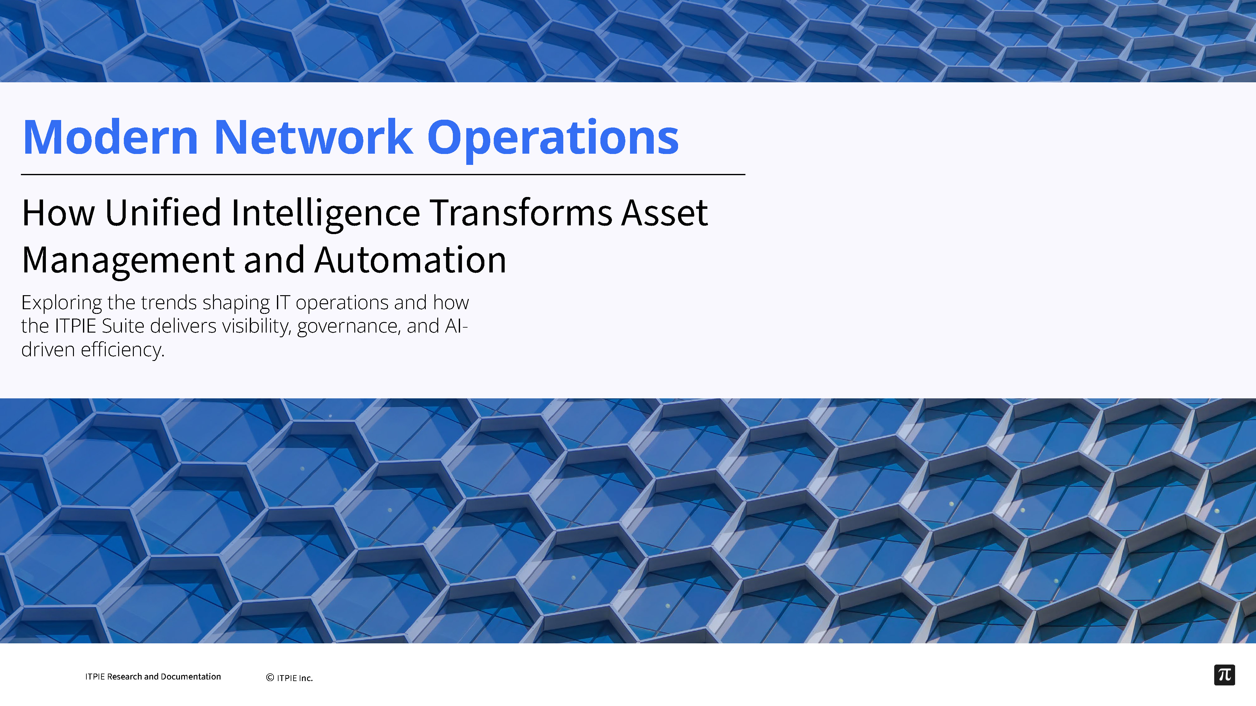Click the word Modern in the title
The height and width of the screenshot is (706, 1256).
click(x=110, y=137)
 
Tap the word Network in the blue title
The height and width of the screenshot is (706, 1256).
click(x=313, y=137)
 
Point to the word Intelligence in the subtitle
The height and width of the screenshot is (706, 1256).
click(x=325, y=214)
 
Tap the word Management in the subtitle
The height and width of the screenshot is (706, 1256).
click(x=128, y=261)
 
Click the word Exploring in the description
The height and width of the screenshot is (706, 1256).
click(x=61, y=303)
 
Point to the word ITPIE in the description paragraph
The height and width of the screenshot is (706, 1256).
click(x=75, y=326)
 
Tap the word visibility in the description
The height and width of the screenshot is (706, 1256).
click(x=256, y=326)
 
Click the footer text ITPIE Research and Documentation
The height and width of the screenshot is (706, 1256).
click(x=153, y=676)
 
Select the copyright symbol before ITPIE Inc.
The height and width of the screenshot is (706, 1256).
click(x=270, y=678)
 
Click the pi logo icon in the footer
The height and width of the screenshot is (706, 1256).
click(x=1224, y=675)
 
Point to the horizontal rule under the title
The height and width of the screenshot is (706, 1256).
click(x=383, y=174)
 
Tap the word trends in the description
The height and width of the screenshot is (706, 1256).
click(x=169, y=303)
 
